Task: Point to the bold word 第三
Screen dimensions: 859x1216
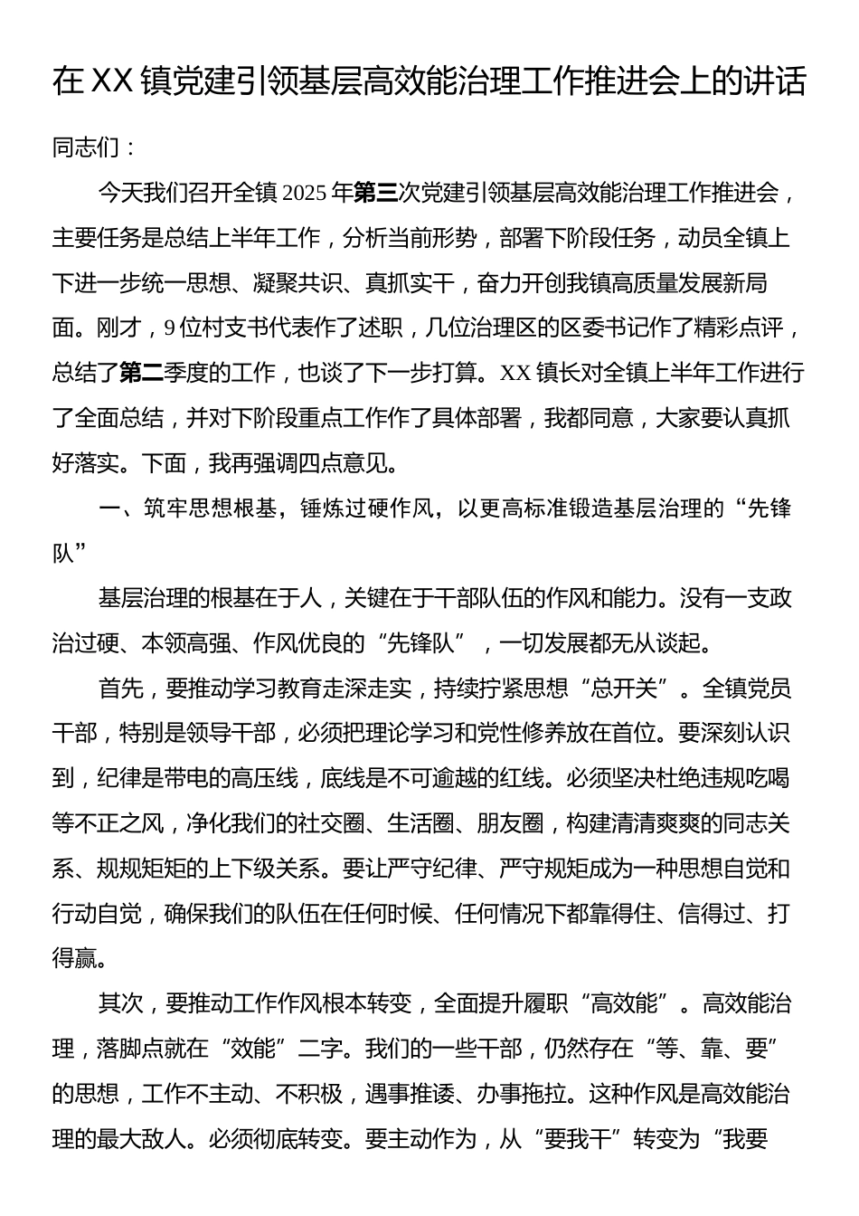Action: tap(374, 193)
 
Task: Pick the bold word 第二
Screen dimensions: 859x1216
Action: tap(141, 373)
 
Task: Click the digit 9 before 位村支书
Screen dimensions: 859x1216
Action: tap(169, 328)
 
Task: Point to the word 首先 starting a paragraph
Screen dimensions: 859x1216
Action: tap(119, 689)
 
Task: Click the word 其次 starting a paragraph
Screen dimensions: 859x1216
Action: tap(119, 1003)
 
